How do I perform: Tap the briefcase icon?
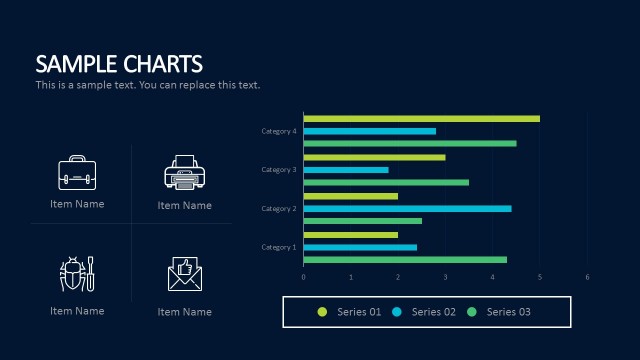pyautogui.click(x=77, y=173)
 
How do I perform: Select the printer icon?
pyautogui.click(x=184, y=173)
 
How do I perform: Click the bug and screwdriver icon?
pyautogui.click(x=77, y=274)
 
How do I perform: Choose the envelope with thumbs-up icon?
pyautogui.click(x=184, y=274)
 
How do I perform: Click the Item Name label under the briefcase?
pyautogui.click(x=77, y=204)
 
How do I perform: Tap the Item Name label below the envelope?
pyautogui.click(x=184, y=312)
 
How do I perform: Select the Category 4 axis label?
pyautogui.click(x=279, y=131)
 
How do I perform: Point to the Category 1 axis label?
pyautogui.click(x=279, y=247)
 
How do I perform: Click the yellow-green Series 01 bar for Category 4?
pyautogui.click(x=421, y=119)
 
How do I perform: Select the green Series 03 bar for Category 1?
pyautogui.click(x=405, y=259)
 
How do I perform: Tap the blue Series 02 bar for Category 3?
pyautogui.click(x=345, y=170)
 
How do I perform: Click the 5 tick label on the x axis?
pyautogui.click(x=540, y=277)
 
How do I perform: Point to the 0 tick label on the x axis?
pyautogui.click(x=303, y=277)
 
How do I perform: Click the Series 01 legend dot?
pyautogui.click(x=322, y=312)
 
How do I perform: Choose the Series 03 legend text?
pyautogui.click(x=508, y=312)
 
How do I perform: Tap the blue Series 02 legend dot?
pyautogui.click(x=397, y=312)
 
